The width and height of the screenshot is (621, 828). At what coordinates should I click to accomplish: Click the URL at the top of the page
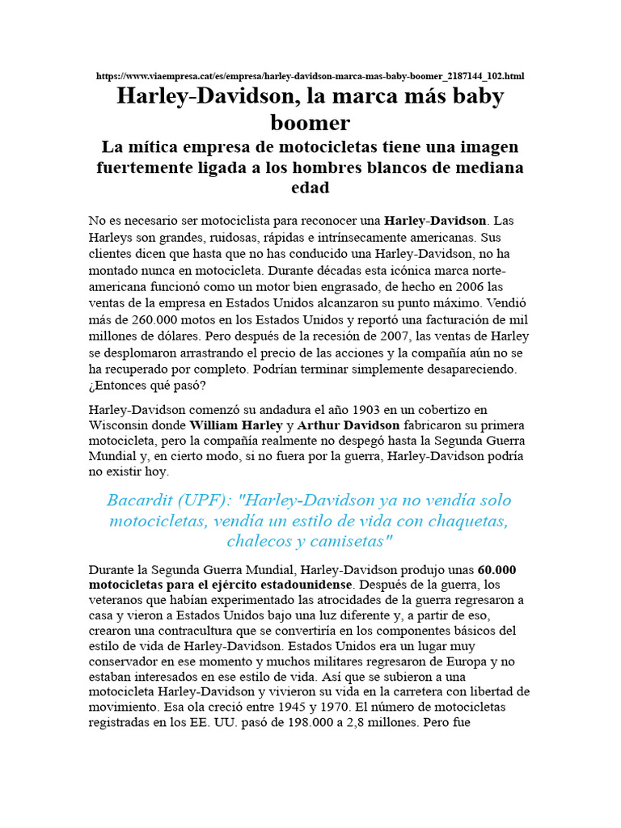310,76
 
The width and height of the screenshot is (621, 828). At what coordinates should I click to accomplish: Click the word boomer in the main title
310,122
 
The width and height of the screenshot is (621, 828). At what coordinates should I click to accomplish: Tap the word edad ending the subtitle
310,188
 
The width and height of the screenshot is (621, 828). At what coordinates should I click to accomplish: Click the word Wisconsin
120,426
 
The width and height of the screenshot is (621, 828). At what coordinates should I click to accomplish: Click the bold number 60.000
497,570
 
